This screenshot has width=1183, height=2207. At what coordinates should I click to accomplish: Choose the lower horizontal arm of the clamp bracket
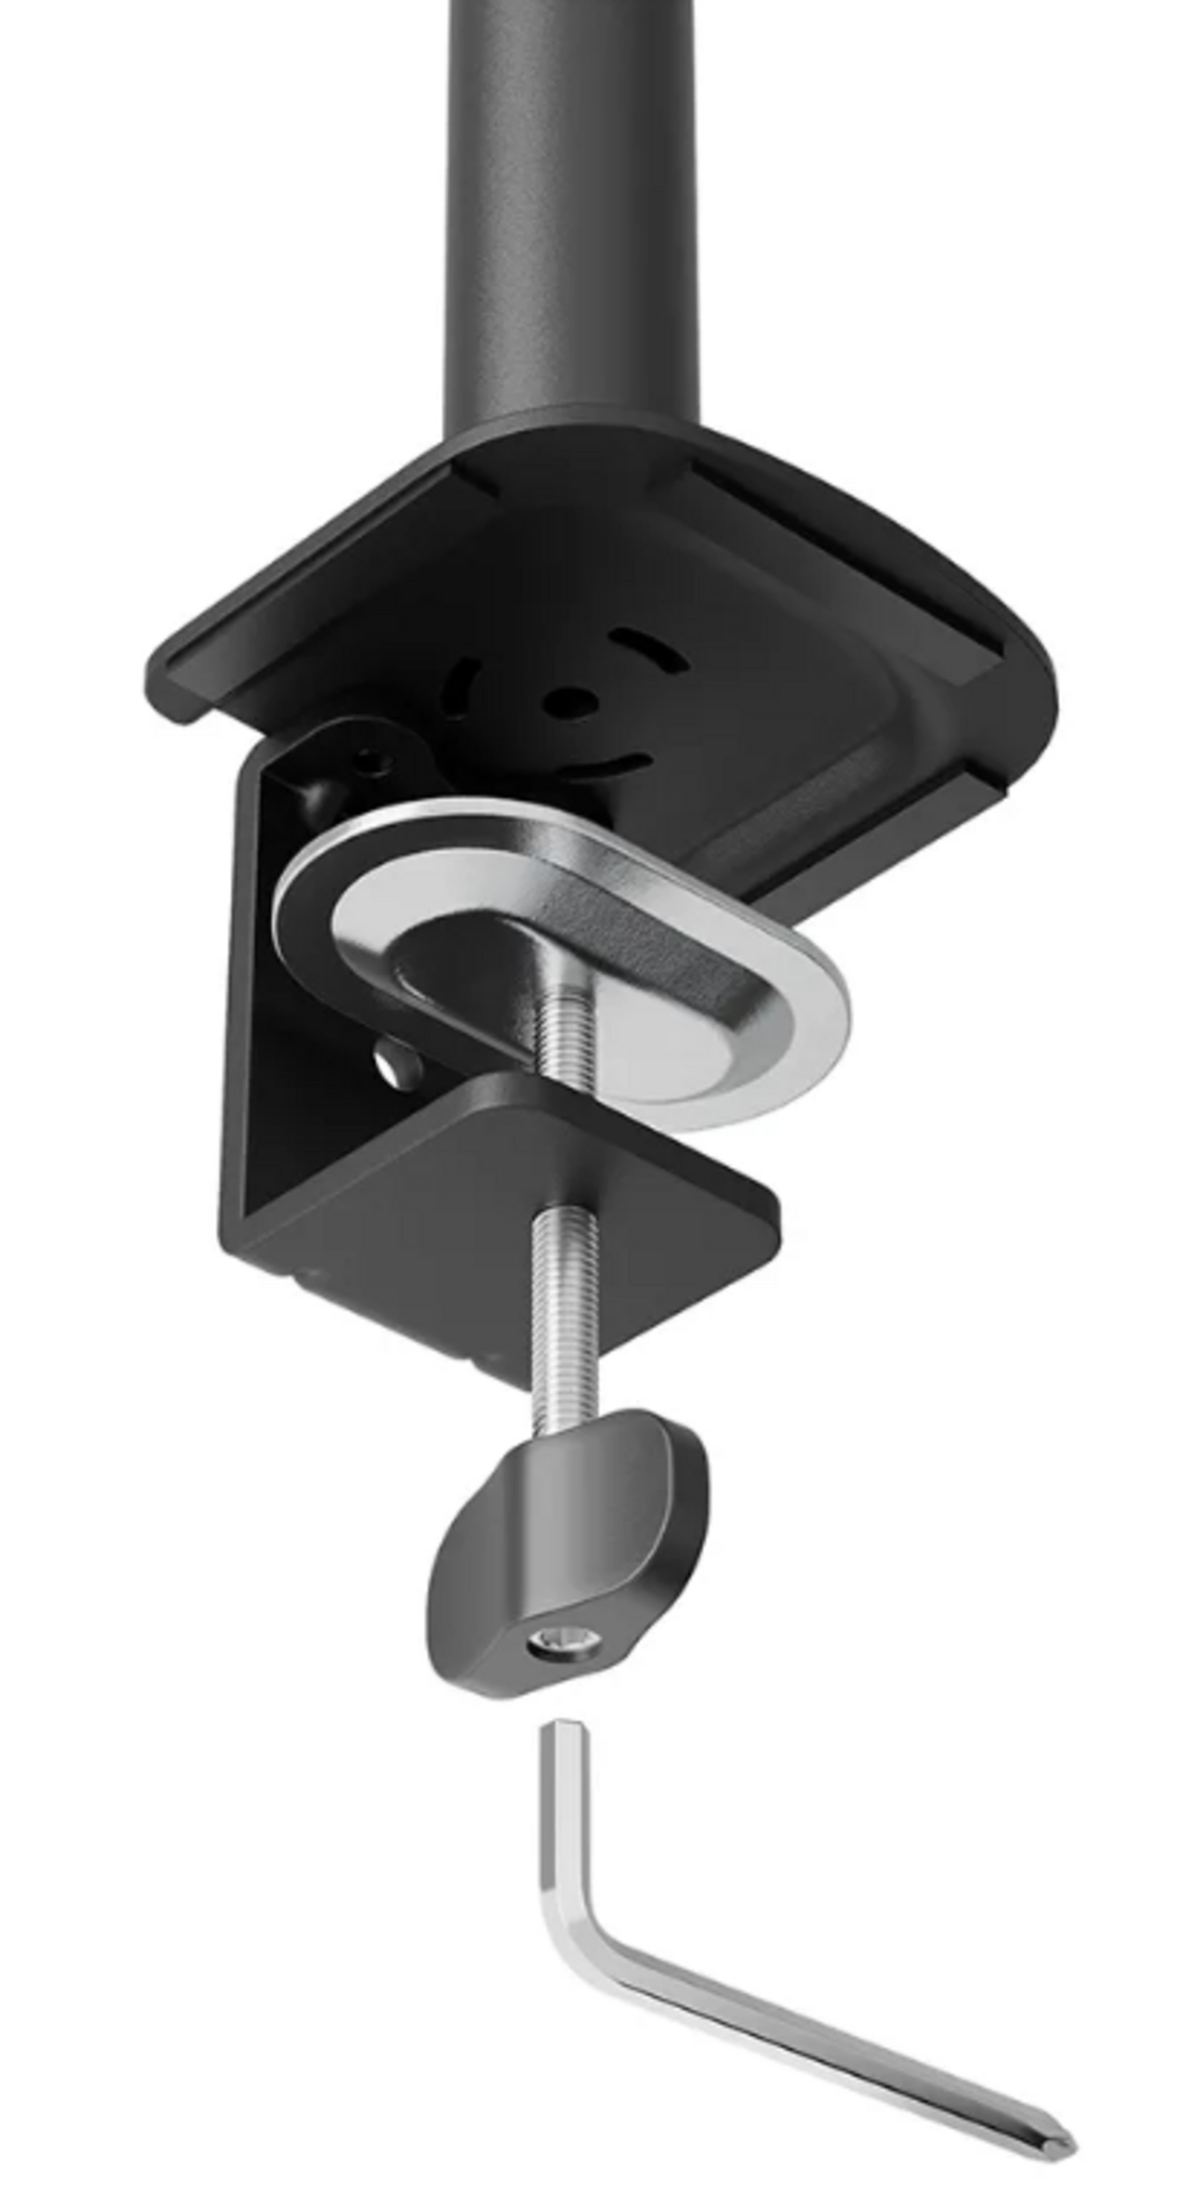click(514, 1199)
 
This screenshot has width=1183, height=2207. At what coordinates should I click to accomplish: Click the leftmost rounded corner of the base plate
click(163, 677)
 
